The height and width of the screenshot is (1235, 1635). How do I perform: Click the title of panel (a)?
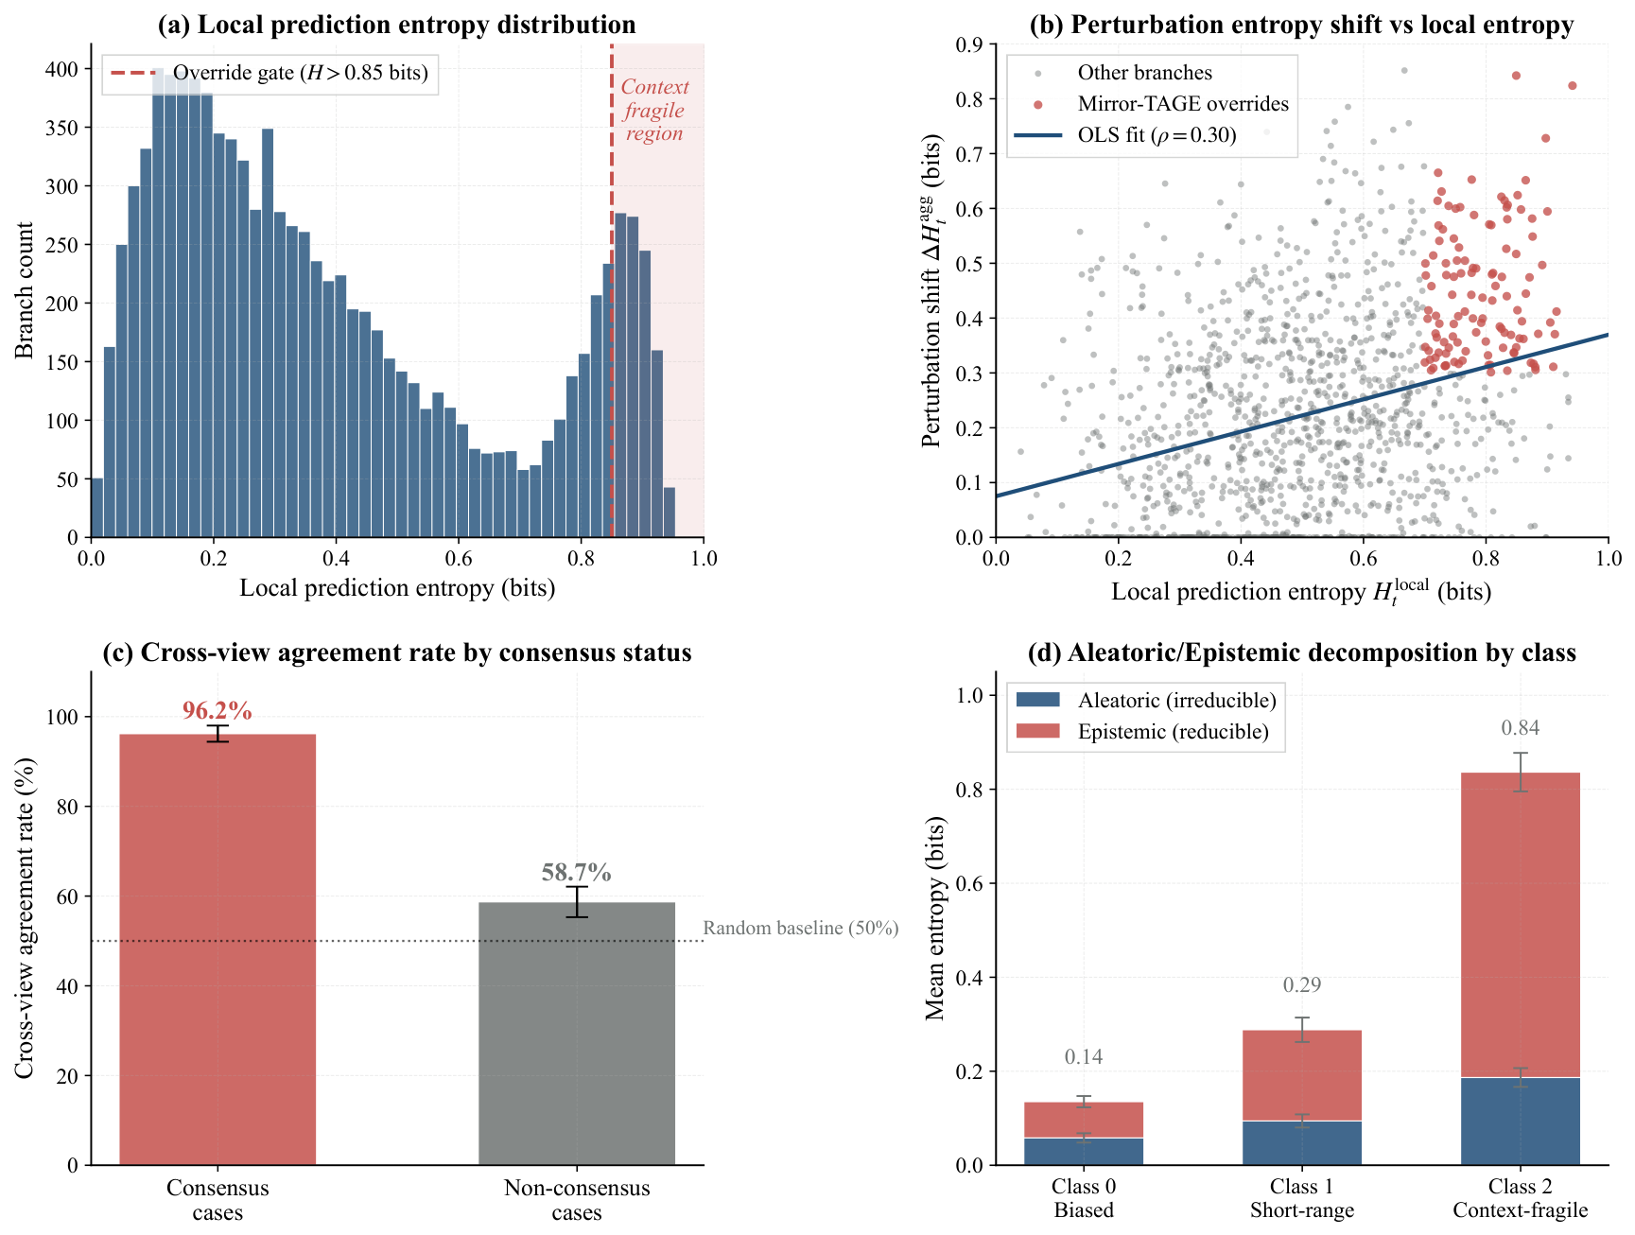[x=397, y=25]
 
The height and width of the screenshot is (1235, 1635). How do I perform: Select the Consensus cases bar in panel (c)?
[x=217, y=949]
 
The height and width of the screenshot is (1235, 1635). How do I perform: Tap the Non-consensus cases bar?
[x=577, y=1034]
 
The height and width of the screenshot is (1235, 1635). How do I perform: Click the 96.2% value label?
[x=217, y=711]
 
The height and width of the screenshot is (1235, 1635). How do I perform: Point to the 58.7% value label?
[x=577, y=873]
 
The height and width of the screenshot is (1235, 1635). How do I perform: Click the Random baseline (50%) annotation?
[x=801, y=928]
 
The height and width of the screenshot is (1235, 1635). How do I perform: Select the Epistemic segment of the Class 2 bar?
[x=1521, y=925]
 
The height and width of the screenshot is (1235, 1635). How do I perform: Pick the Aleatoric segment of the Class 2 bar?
[x=1521, y=1122]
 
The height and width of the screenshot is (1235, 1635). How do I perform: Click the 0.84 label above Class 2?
[x=1521, y=727]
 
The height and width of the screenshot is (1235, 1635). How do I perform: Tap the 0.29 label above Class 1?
[x=1302, y=984]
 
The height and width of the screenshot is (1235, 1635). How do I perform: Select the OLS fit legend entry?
[x=1125, y=135]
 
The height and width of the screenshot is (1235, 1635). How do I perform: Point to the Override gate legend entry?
[x=270, y=73]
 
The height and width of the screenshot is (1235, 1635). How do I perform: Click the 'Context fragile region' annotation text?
[x=654, y=110]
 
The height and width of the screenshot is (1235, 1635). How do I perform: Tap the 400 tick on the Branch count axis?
[x=65, y=69]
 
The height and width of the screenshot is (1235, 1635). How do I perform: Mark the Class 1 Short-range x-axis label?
[x=1302, y=1198]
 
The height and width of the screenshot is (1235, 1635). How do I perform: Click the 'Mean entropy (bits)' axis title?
[x=935, y=918]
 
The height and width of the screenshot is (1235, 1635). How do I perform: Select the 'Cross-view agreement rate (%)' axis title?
[x=25, y=918]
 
